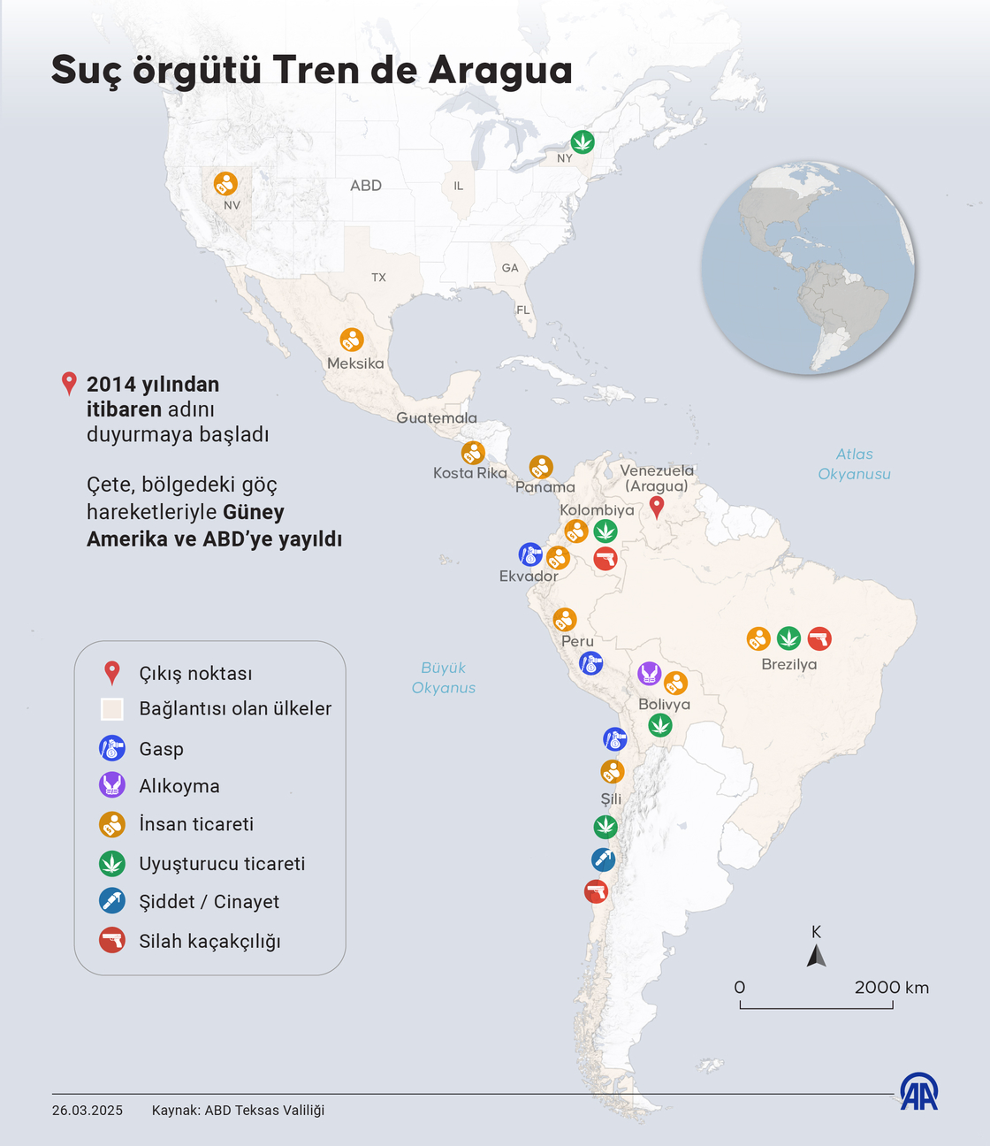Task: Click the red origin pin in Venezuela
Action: click(656, 507)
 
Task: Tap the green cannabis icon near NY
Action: click(582, 141)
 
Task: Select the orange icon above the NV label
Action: click(225, 184)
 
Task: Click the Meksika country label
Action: click(355, 363)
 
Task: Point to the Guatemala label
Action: click(437, 418)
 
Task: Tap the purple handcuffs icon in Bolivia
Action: click(650, 674)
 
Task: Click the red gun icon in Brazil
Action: click(819, 638)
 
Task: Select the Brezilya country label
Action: click(789, 664)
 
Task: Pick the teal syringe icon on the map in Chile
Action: click(603, 859)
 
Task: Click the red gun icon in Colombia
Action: click(605, 559)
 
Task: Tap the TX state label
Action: click(378, 278)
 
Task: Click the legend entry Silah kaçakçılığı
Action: click(209, 941)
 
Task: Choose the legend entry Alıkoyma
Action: click(179, 786)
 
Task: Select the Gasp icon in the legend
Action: click(112, 749)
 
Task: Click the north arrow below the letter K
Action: click(817, 956)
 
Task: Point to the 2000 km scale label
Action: click(891, 988)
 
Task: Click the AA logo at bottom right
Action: click(919, 1092)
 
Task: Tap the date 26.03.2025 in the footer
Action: click(88, 1111)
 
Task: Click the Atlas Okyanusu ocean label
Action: click(854, 464)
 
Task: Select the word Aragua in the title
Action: click(500, 71)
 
